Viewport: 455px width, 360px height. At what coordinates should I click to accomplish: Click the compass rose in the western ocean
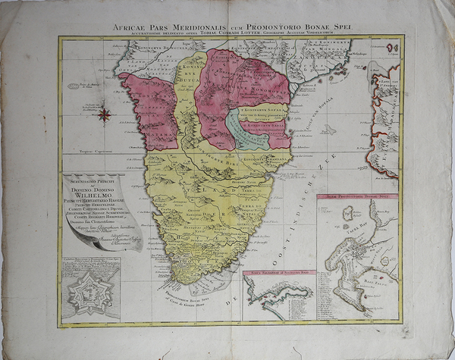tap(104, 114)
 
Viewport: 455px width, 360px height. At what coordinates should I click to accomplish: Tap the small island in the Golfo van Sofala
tap(327, 130)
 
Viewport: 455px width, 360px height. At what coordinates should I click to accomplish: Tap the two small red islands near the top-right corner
tap(391, 49)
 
